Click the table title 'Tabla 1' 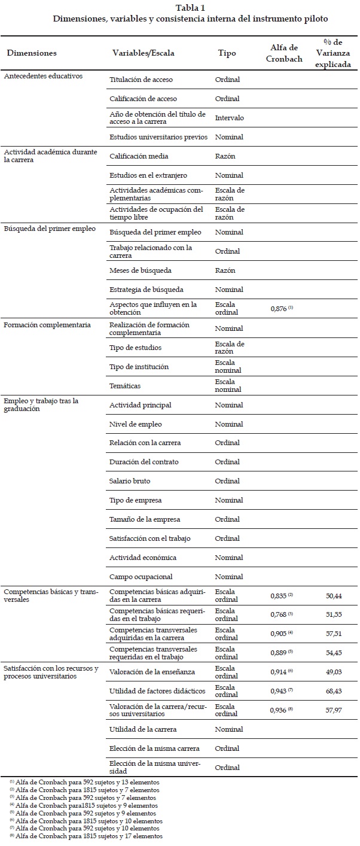coord(190,7)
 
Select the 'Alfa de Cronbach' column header coord(285,53)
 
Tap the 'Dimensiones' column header coord(32,53)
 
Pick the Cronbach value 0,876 coord(282,308)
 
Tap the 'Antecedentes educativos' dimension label coord(43,76)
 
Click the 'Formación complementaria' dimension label coord(47,325)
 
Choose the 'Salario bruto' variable coord(130,481)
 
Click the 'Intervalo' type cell coord(230,118)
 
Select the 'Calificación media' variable coord(139,156)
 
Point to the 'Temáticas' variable coord(125,386)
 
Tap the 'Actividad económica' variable coord(143,558)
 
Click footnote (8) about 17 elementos coord(86,836)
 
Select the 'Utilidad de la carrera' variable coord(143,729)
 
